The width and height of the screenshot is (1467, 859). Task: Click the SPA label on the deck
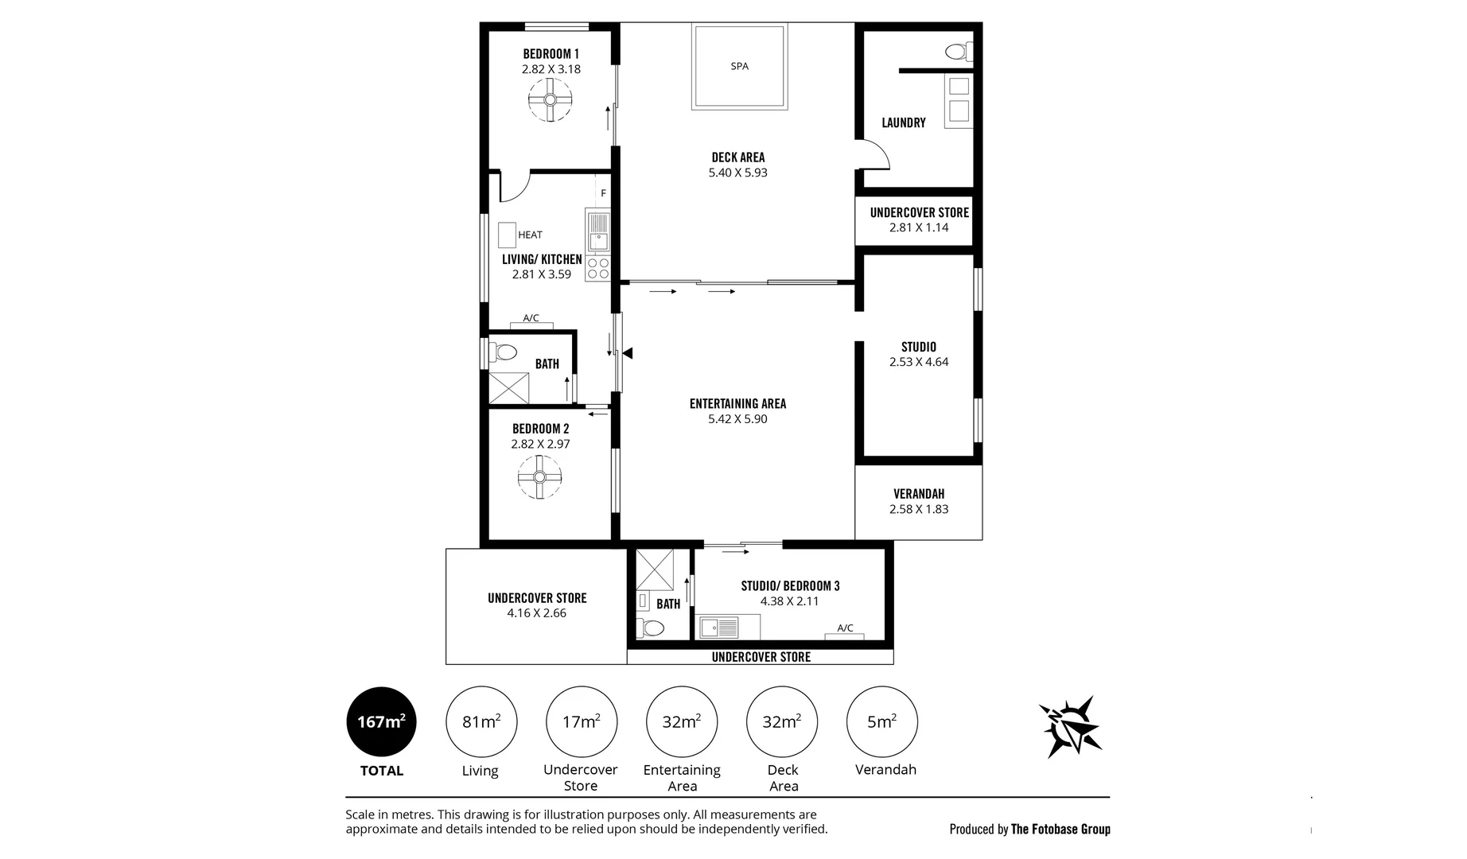[739, 66]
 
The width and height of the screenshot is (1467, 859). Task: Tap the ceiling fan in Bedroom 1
[550, 99]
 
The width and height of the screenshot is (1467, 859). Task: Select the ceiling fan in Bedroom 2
[539, 477]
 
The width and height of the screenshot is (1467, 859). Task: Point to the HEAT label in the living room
[530, 235]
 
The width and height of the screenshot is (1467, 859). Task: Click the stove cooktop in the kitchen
[597, 268]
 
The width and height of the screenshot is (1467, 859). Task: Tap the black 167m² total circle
[381, 721]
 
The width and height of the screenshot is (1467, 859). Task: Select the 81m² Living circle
[481, 721]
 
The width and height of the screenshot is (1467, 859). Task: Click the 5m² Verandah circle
[882, 721]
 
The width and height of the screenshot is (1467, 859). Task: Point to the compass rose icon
[1070, 726]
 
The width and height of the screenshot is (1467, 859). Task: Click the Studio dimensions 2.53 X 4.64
[919, 362]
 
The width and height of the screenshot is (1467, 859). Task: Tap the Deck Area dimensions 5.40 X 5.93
[738, 173]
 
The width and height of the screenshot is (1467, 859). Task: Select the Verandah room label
[919, 494]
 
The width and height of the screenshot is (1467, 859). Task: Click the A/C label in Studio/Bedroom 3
[845, 628]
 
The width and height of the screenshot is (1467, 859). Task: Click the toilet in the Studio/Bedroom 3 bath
[652, 628]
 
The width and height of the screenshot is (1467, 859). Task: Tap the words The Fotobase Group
[1060, 830]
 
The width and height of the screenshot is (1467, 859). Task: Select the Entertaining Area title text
[737, 404]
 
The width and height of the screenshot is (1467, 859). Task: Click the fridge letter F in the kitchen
[603, 193]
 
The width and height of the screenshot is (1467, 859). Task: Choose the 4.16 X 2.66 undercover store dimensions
[537, 613]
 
